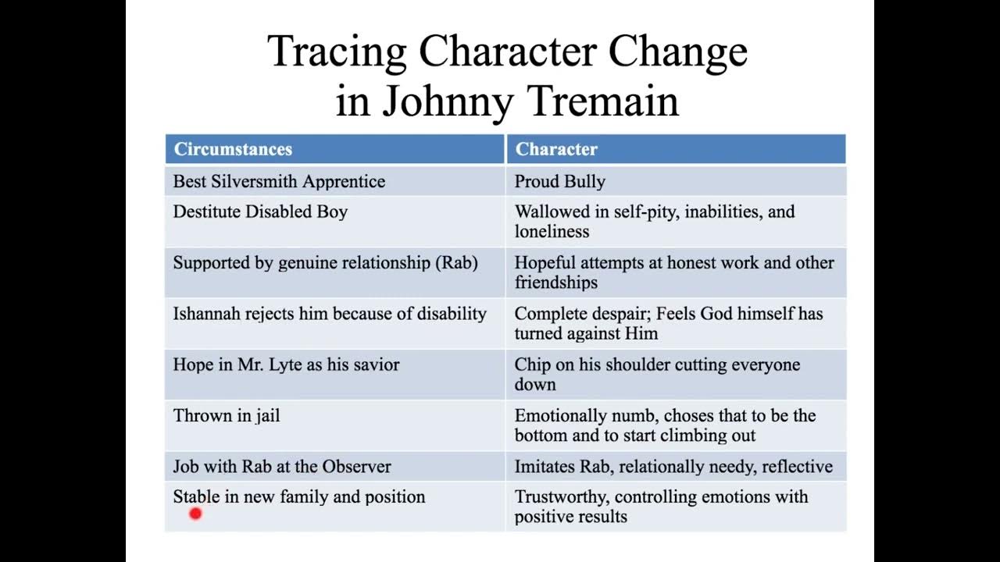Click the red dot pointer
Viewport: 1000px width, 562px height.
(x=195, y=513)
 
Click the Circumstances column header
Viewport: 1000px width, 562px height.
(x=233, y=149)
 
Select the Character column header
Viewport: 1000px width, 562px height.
(x=556, y=149)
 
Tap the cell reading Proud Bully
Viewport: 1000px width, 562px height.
(x=560, y=182)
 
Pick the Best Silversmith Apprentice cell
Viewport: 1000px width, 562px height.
(x=279, y=182)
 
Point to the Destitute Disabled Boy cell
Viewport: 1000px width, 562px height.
(x=260, y=212)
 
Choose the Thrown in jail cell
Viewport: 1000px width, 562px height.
(x=227, y=415)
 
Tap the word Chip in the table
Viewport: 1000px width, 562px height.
(x=531, y=365)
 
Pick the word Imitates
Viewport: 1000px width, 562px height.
(x=544, y=467)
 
